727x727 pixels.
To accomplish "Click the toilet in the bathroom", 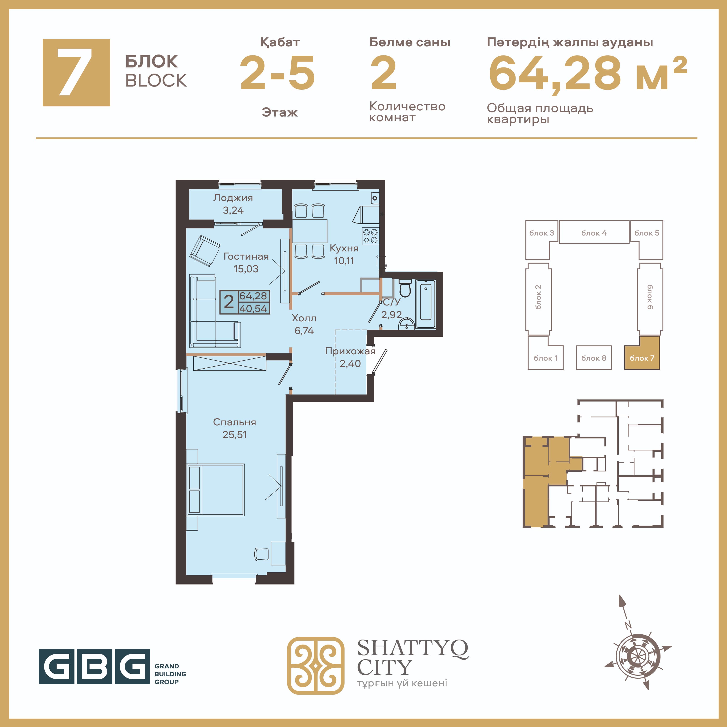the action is click(x=405, y=288).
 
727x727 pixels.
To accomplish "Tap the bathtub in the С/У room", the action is click(x=426, y=304).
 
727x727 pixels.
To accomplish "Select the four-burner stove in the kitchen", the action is click(x=370, y=236).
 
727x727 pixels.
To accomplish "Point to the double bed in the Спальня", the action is click(x=216, y=490).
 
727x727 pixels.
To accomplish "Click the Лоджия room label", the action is click(x=233, y=198).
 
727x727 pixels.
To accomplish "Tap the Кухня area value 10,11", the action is click(x=344, y=261).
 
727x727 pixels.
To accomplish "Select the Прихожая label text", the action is click(x=350, y=351).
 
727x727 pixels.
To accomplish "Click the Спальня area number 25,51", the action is click(x=234, y=435).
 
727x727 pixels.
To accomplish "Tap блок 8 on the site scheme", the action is click(x=593, y=358).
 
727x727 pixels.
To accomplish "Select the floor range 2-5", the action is click(x=277, y=73).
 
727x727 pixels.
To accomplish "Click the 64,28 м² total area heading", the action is click(x=588, y=73).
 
